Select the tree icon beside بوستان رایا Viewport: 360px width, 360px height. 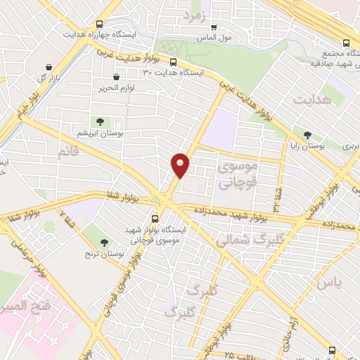[x=307, y=135]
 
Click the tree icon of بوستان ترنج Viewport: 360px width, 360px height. [x=105, y=243]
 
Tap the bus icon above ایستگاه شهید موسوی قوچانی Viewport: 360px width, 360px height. [x=163, y=218]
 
